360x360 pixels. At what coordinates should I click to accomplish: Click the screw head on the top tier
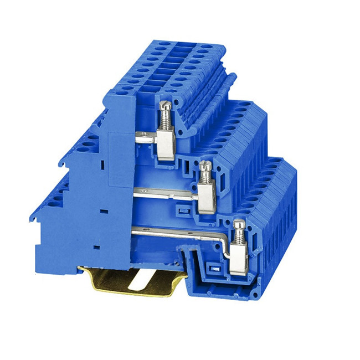tap(163, 104)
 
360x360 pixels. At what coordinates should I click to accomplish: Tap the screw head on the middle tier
tap(204, 164)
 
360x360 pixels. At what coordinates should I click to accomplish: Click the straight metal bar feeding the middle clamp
tap(166, 191)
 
